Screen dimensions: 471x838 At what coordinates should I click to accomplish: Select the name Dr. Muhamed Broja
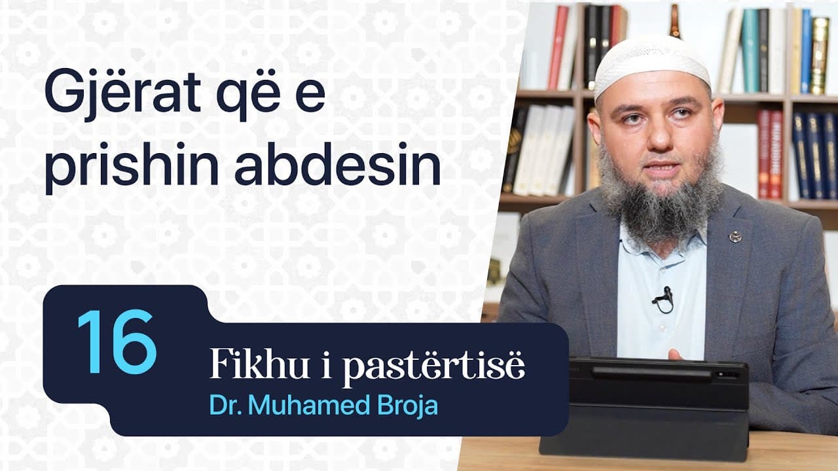[323, 405]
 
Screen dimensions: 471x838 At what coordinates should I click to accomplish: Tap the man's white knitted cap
[651, 62]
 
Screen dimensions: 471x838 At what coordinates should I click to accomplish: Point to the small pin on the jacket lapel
[735, 236]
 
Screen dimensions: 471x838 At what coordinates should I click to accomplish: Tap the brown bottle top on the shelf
[674, 20]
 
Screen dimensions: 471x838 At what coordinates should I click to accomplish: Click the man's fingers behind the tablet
[674, 354]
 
